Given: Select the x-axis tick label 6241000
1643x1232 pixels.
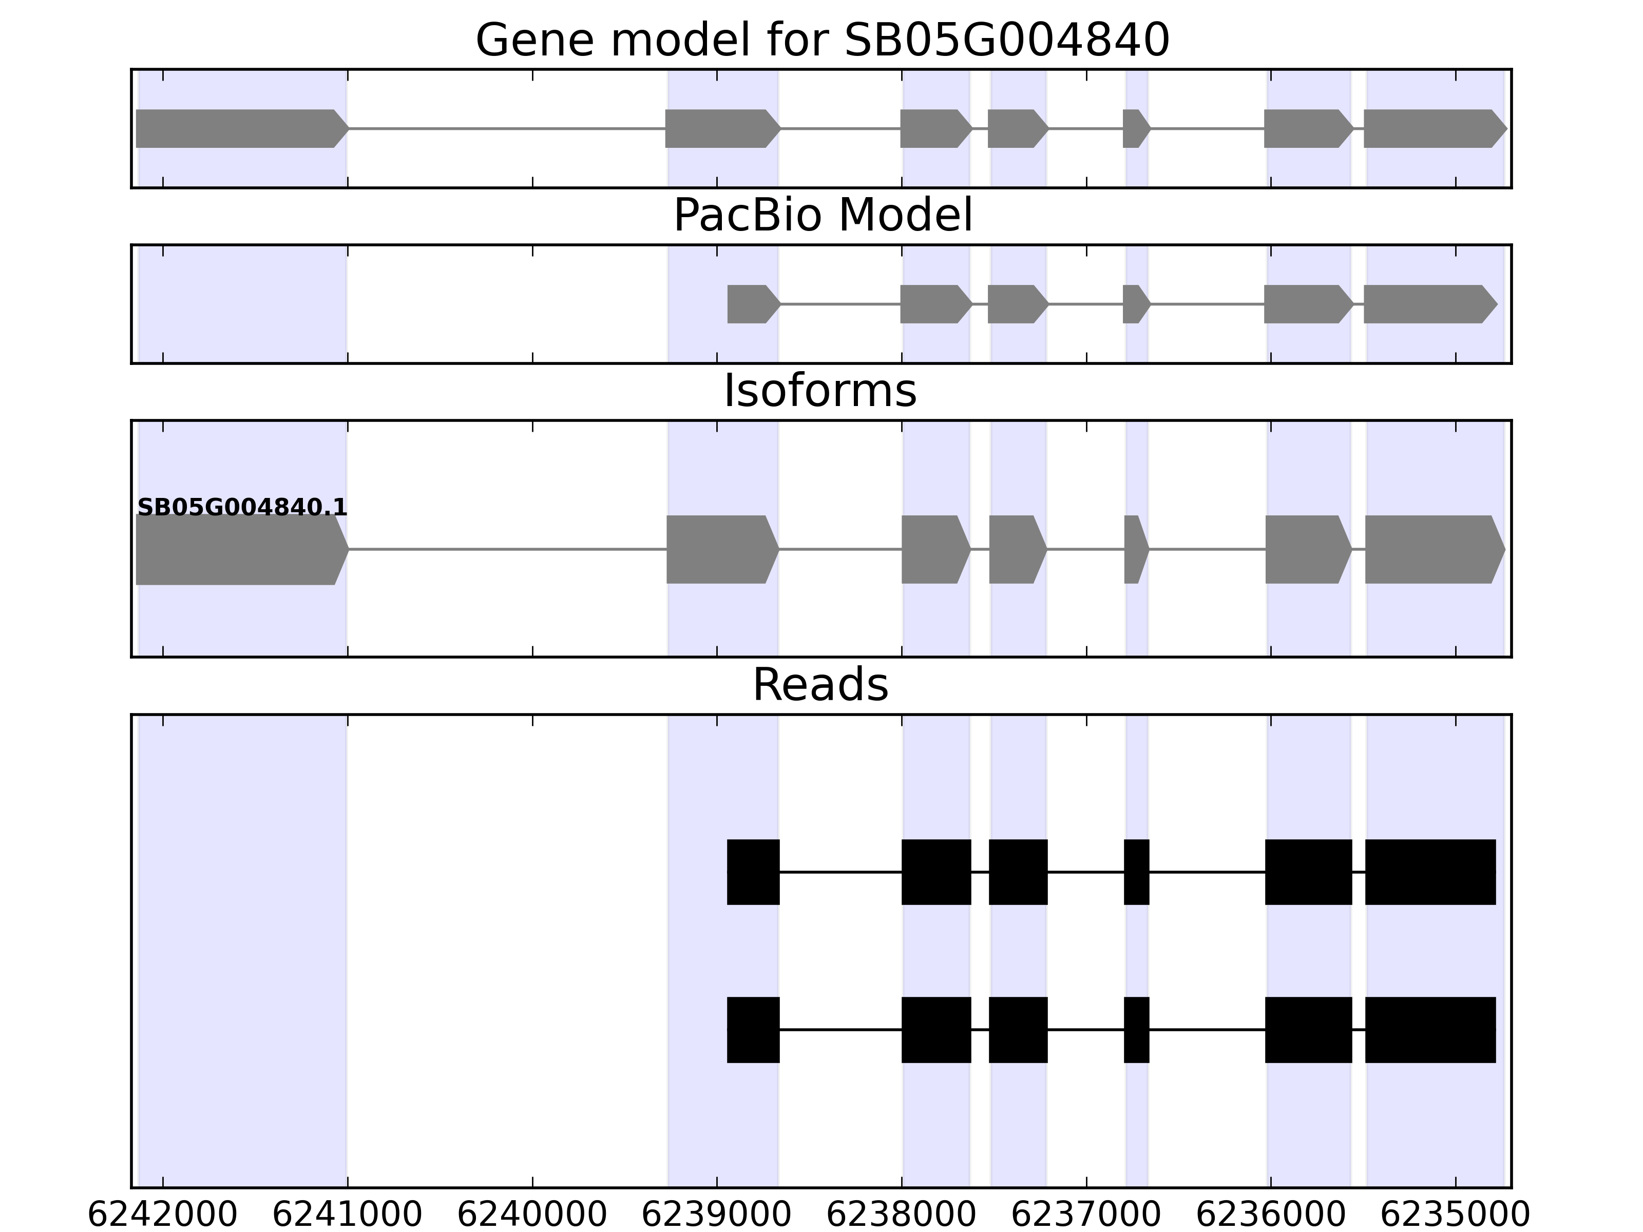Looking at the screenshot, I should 347,1216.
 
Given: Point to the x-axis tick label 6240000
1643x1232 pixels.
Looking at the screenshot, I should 532,1216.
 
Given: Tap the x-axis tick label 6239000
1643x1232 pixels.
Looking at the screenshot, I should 716,1216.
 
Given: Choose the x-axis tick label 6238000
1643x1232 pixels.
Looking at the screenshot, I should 901,1216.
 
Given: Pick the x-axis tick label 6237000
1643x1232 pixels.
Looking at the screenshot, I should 1086,1216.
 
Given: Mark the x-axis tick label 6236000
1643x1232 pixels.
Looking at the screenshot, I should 1270,1216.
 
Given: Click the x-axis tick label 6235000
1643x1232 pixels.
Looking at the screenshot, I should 1455,1216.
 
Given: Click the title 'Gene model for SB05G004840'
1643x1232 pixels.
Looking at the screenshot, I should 821,40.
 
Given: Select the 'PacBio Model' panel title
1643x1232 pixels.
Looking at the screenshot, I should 821,216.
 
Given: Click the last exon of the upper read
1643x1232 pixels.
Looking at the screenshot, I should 1430,872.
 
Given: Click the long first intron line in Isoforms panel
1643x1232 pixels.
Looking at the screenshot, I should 507,550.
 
